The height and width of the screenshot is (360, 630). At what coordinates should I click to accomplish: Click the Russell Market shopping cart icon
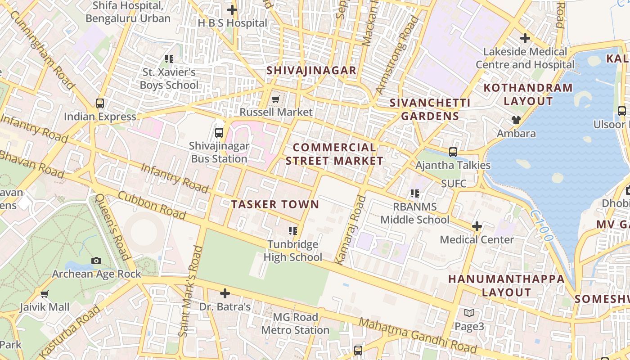click(275, 99)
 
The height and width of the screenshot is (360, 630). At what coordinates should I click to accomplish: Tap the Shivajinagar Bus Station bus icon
click(219, 132)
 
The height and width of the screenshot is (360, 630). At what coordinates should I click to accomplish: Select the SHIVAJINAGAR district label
click(311, 71)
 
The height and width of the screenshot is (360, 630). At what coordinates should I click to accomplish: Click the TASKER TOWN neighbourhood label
click(275, 204)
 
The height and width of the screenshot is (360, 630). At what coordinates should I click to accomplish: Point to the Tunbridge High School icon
click(293, 231)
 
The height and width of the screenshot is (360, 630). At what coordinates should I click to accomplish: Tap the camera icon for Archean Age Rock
click(96, 261)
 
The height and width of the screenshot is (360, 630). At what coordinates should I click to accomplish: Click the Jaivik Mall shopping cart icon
click(45, 294)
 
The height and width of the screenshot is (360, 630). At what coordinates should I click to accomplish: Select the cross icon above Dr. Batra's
click(225, 294)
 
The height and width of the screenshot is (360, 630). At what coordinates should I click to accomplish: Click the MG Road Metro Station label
click(295, 324)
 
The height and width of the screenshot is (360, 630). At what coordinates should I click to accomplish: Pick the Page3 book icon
click(469, 313)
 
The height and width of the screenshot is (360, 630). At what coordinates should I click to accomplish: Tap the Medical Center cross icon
click(477, 226)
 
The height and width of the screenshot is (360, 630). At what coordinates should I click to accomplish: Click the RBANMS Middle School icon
click(414, 193)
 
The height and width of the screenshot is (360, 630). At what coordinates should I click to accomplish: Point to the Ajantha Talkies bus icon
click(453, 152)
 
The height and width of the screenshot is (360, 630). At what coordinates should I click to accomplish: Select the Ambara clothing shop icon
click(516, 120)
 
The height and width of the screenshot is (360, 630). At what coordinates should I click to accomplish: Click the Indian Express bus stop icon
click(100, 103)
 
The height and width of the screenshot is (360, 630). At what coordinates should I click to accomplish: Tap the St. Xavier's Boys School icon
click(169, 58)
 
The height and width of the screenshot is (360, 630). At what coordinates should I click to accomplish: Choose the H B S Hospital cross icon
click(232, 9)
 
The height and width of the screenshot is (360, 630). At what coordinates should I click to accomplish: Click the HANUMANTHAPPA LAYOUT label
click(506, 285)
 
